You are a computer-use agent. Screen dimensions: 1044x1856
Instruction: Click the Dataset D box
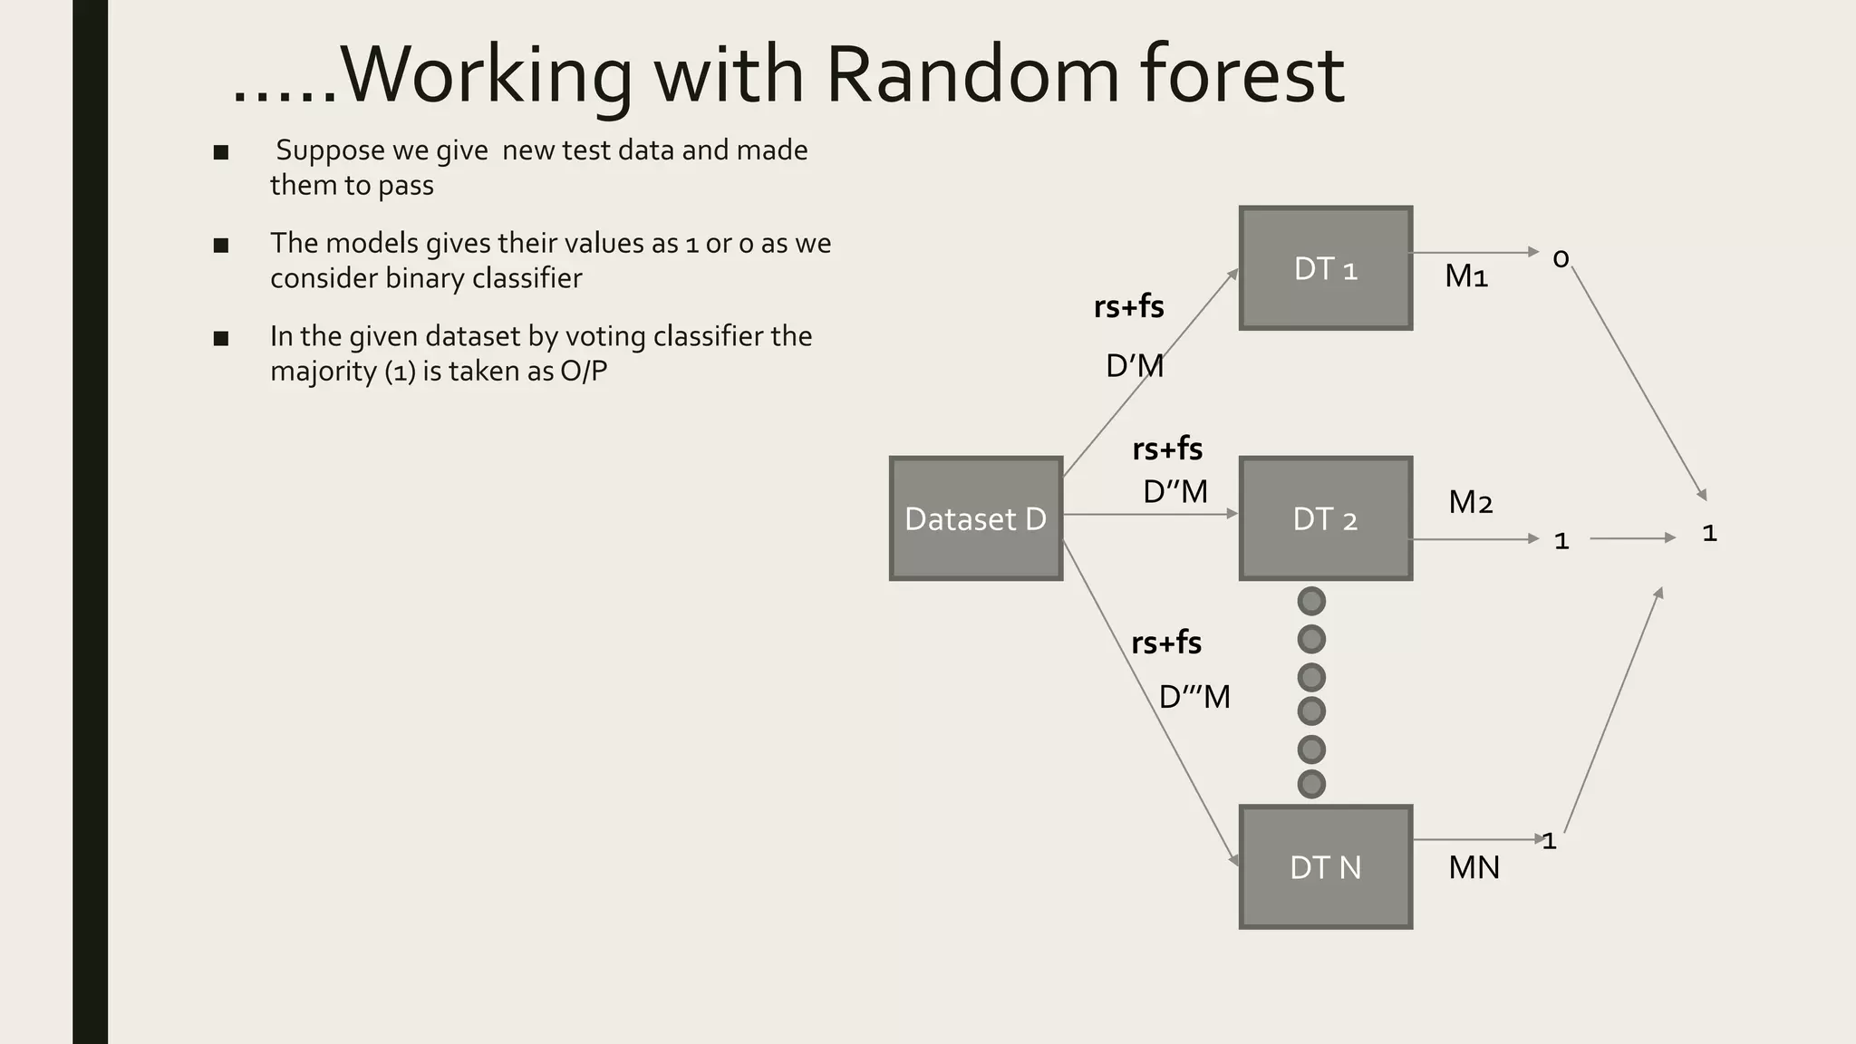975,518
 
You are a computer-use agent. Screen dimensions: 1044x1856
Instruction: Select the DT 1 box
1325,268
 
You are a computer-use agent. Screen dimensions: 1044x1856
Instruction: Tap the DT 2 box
1325,518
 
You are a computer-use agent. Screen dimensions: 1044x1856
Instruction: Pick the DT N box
1325,867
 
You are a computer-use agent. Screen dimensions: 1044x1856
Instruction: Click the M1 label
1466,275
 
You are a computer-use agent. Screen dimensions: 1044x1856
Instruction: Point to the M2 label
1470,501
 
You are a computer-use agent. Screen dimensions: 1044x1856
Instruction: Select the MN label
1474,867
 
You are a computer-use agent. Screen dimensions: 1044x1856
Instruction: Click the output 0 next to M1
1561,259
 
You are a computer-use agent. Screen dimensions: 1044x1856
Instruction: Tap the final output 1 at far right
1709,533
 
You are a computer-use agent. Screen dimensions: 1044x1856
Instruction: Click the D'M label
1135,366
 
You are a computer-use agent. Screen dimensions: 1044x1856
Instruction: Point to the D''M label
1175,491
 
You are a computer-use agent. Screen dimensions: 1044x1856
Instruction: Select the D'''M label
1194,697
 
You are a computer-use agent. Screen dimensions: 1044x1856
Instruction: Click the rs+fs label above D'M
1128,306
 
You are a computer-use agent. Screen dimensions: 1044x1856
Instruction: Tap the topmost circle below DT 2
1311,601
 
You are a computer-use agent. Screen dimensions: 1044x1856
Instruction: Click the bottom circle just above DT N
1311,784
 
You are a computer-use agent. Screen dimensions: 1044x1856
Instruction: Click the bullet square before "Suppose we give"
221,152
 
